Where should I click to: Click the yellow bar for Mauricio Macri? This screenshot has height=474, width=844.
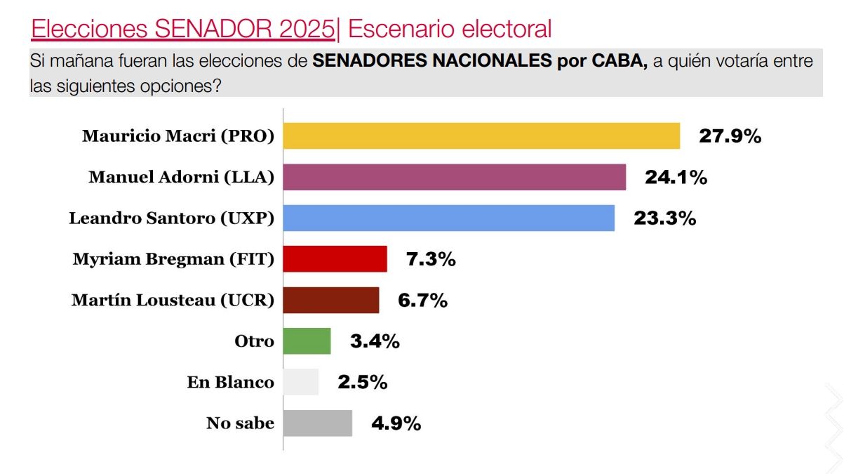481,136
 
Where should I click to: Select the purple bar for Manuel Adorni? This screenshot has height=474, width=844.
454,177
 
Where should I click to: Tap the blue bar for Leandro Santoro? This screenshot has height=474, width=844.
448,218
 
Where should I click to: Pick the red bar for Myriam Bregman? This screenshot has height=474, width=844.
335,259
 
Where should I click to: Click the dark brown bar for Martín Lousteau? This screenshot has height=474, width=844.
330,300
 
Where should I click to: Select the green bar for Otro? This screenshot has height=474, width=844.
307,341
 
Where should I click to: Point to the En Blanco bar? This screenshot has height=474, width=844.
300,382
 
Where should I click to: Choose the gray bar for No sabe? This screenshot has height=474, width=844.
317,423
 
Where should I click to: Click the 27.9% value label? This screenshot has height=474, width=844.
730,136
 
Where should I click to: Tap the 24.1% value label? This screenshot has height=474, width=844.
676,178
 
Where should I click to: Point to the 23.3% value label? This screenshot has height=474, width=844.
664,218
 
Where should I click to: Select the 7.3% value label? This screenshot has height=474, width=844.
431,260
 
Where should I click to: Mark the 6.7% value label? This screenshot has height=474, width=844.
422,301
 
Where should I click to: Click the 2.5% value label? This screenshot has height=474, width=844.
362,383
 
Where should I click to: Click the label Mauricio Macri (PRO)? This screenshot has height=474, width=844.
177,136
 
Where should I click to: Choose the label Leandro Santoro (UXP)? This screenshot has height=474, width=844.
171,218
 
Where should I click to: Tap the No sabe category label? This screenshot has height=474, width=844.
240,423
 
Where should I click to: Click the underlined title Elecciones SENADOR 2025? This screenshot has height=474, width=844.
183,29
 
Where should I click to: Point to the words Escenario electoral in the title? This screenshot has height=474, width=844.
450,29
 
